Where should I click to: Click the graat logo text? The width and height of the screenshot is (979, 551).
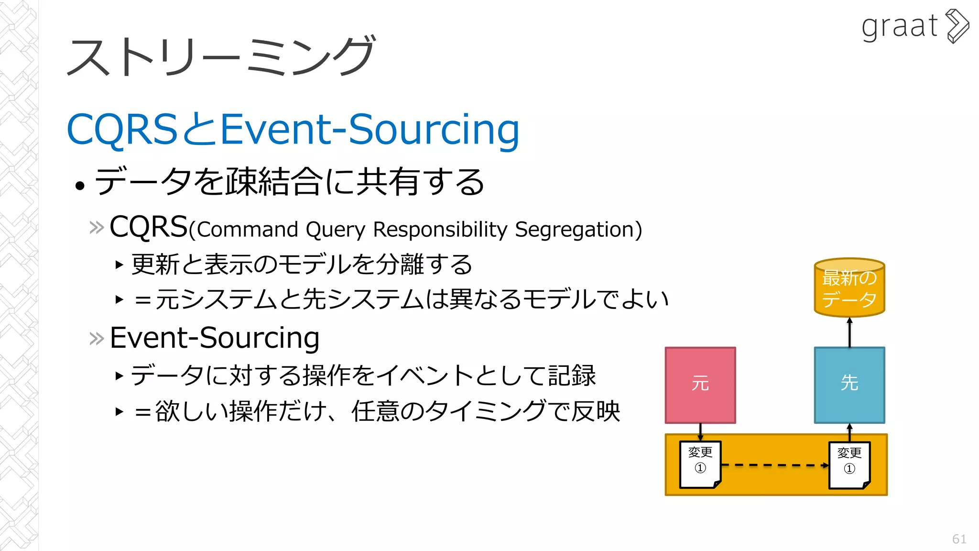pyautogui.click(x=899, y=27)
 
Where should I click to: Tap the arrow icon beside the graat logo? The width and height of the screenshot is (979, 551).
pyautogui.click(x=957, y=26)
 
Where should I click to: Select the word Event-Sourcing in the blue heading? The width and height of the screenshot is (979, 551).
pyautogui.click(x=370, y=129)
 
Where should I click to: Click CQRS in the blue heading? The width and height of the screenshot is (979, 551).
pyautogui.click(x=122, y=129)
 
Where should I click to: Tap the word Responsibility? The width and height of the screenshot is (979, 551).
pyautogui.click(x=440, y=230)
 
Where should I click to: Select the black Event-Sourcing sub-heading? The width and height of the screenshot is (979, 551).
pyautogui.click(x=215, y=338)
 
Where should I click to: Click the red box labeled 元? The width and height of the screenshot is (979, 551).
pyautogui.click(x=700, y=385)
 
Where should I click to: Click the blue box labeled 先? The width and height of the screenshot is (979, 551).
pyautogui.click(x=849, y=385)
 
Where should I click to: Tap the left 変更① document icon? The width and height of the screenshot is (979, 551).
pyautogui.click(x=700, y=464)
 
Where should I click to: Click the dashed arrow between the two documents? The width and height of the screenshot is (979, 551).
pyautogui.click(x=774, y=465)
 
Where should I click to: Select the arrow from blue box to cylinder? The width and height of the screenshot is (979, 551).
pyautogui.click(x=849, y=332)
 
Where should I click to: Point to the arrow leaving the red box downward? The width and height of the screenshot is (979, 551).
pyautogui.click(x=700, y=431)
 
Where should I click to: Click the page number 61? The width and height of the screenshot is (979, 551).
pyautogui.click(x=959, y=539)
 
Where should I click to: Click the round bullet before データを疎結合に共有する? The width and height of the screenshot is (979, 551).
pyautogui.click(x=80, y=186)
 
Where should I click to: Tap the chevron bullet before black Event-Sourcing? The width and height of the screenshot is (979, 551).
pyautogui.click(x=97, y=339)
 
